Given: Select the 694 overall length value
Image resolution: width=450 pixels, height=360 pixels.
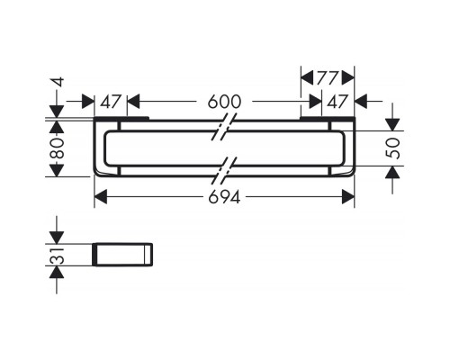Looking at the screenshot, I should click(x=224, y=198).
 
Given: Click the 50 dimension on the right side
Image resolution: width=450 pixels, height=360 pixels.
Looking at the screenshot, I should click(x=392, y=148).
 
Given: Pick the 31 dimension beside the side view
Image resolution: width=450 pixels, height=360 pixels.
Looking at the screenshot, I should click(x=56, y=256).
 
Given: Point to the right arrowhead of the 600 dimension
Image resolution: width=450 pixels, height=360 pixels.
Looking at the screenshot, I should click(x=317, y=102).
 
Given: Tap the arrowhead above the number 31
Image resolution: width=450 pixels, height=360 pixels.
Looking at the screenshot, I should click(x=56, y=236).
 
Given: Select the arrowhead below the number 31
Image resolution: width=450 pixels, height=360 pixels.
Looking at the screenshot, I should click(x=56, y=274).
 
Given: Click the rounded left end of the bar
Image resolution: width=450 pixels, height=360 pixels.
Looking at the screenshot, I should click(x=98, y=148).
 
